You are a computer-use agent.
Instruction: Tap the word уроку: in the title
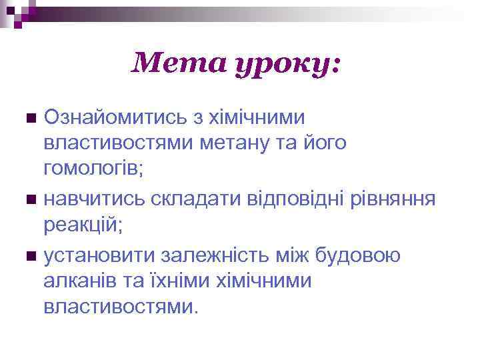click(287, 65)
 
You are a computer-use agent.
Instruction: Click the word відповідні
click(291, 199)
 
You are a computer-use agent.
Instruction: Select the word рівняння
click(393, 199)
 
